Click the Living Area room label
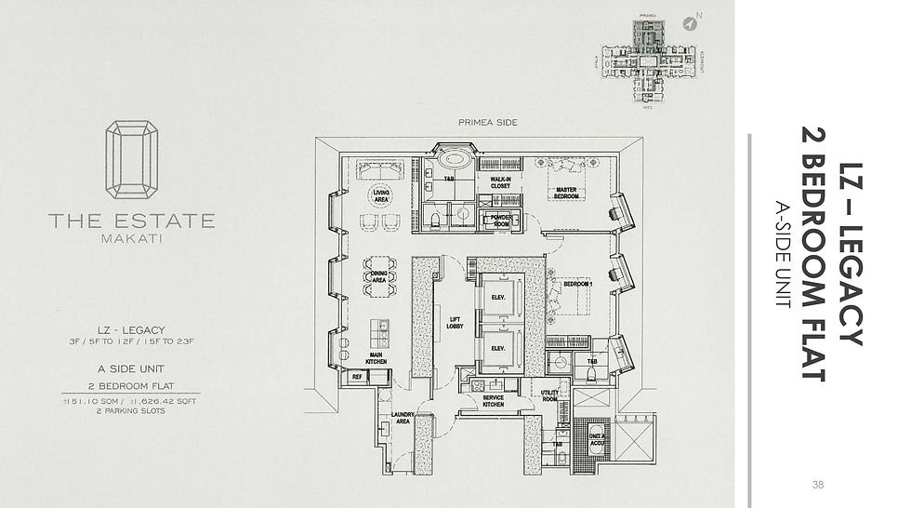pyautogui.click(x=381, y=195)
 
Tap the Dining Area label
pyautogui.click(x=378, y=275)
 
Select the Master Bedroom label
pyautogui.click(x=567, y=192)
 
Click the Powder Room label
pyautogui.click(x=502, y=221)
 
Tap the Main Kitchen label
pyautogui.click(x=376, y=356)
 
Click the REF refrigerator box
pyautogui.click(x=357, y=377)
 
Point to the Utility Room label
pyautogui.click(x=550, y=395)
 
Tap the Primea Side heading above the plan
pyautogui.click(x=487, y=122)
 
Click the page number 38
pyautogui.click(x=817, y=484)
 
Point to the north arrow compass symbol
pyautogui.click(x=690, y=20)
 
